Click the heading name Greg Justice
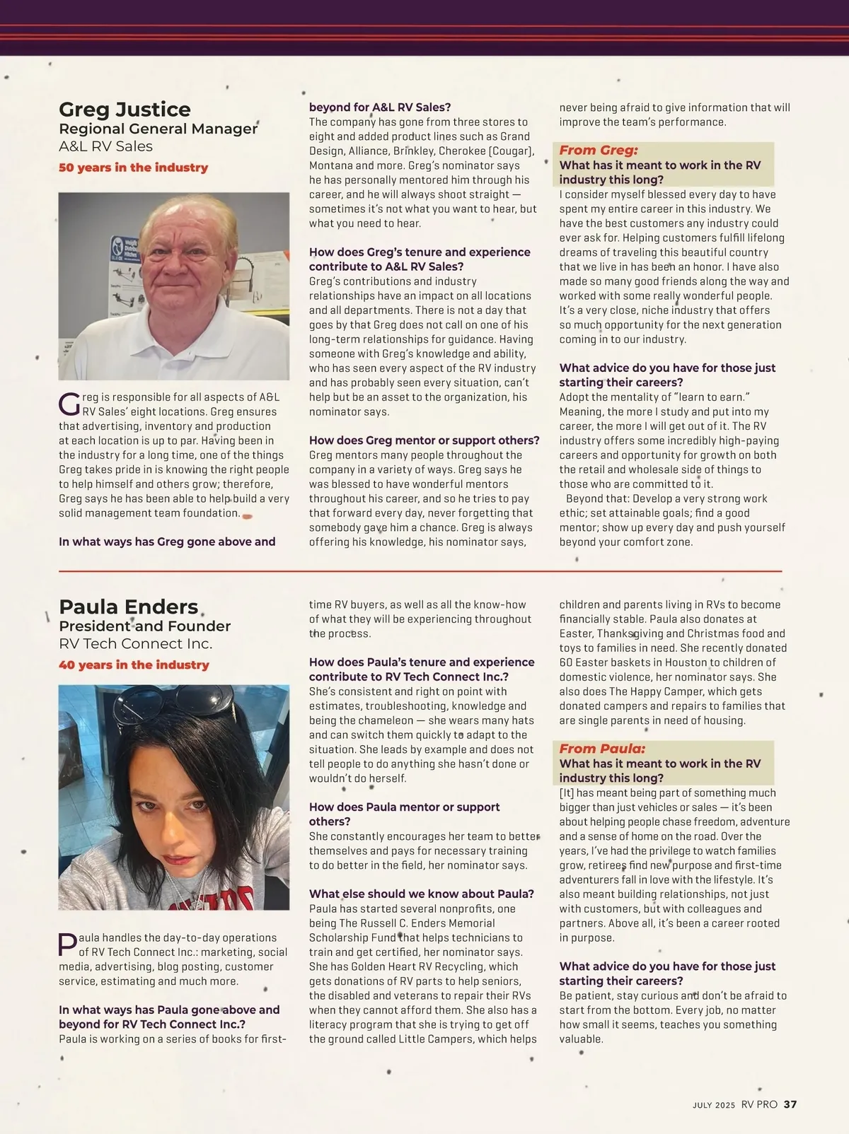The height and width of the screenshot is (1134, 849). [x=125, y=110]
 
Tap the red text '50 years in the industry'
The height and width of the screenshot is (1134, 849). [x=133, y=168]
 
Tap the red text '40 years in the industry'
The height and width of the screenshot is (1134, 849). [x=134, y=665]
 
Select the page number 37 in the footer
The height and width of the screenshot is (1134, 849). [x=790, y=1104]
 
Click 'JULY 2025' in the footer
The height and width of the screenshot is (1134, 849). [x=714, y=1105]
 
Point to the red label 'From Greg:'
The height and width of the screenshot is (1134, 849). [x=599, y=150]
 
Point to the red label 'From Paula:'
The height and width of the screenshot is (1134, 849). [x=602, y=749]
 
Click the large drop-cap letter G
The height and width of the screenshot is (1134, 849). [x=69, y=404]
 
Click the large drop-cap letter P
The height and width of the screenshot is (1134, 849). [x=68, y=945]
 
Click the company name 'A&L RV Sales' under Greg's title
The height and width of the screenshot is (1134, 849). [x=105, y=146]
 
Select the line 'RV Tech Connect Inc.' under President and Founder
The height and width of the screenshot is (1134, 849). [x=135, y=643]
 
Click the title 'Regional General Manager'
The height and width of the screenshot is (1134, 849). [x=158, y=129]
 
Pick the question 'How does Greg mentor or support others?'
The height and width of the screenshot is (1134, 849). [x=424, y=440]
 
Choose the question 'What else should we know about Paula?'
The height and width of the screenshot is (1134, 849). [x=421, y=894]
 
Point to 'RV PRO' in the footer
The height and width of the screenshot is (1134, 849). [x=759, y=1104]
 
